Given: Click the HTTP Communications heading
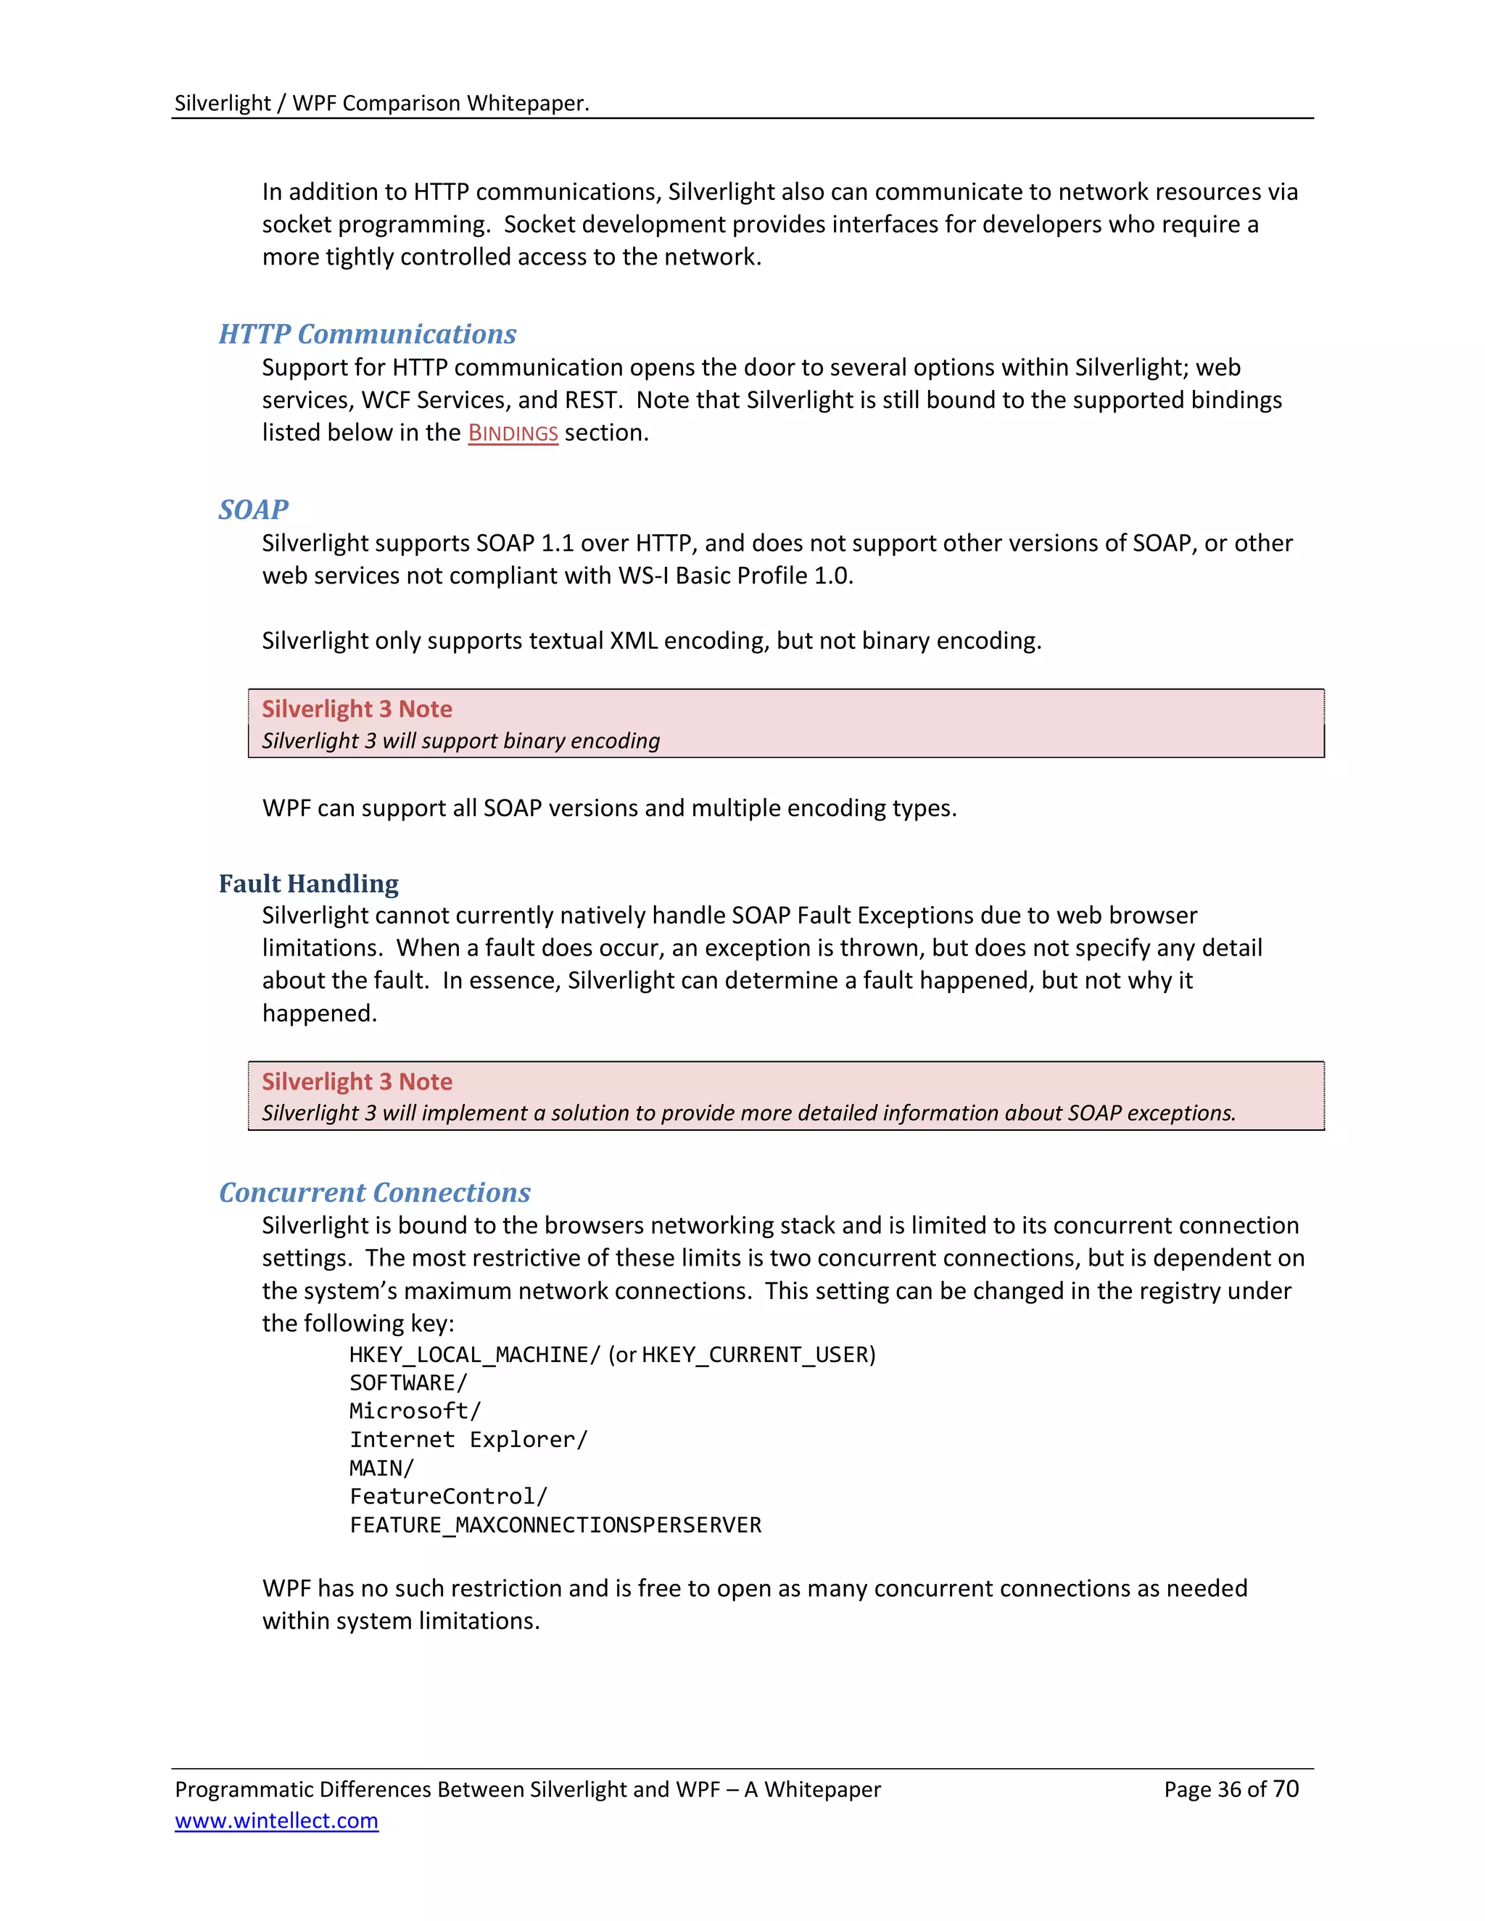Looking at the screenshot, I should coord(367,334).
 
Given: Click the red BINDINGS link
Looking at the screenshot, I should coord(513,433).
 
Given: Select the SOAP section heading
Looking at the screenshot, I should coord(253,510).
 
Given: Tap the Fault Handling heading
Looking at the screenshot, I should coord(308,883).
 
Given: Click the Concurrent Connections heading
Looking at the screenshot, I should coord(374,1192).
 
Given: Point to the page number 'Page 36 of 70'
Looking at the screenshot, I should coord(1230,1789).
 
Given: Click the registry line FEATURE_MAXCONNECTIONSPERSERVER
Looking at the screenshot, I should coord(555,1524).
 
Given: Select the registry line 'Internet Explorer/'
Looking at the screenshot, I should coord(468,1439).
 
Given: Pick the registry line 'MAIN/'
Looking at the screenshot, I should coord(381,1468).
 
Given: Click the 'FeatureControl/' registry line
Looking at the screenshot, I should coord(449,1496).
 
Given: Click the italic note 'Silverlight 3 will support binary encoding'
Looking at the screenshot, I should coord(460,741).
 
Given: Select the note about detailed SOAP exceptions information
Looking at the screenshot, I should coord(748,1113).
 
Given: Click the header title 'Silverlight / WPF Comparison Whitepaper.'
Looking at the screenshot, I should coord(381,103).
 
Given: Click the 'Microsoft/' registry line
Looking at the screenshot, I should coord(414,1411).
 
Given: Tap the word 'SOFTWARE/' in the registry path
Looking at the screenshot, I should coord(408,1382).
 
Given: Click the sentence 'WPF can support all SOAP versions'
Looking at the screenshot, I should coord(609,808).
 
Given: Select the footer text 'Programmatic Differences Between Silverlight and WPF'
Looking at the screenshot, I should coord(527,1789).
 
